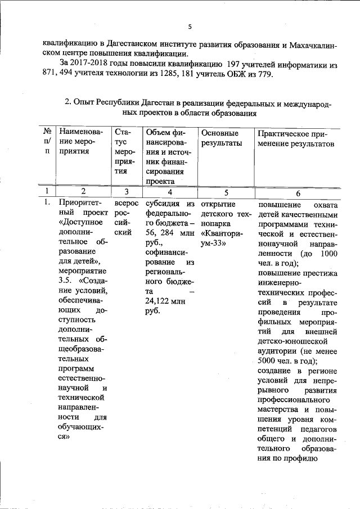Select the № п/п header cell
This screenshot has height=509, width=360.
click(x=47, y=143)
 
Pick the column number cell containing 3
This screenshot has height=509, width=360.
click(x=127, y=191)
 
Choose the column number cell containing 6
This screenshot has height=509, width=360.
click(x=298, y=191)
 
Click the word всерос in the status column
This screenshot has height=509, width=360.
click(x=125, y=204)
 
